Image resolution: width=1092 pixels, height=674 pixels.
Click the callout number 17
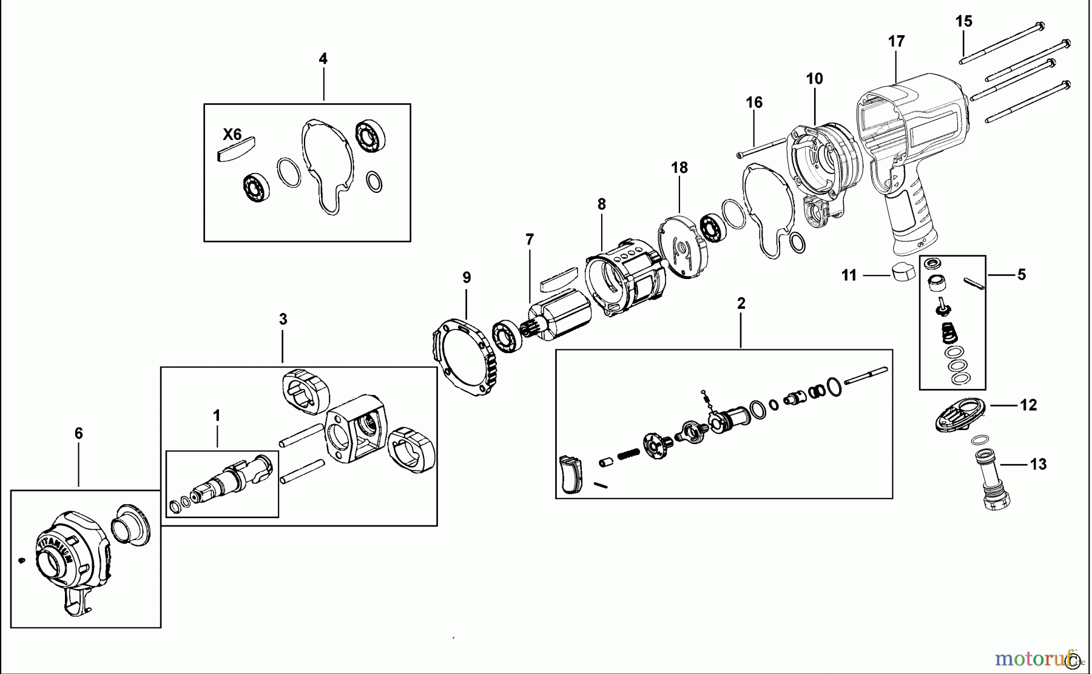coord(896,41)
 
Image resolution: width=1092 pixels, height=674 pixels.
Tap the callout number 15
coord(963,21)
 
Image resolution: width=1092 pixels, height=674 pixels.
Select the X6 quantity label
coord(232,134)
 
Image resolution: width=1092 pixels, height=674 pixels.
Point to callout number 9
coord(466,278)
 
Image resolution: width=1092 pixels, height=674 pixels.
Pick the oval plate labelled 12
coord(960,415)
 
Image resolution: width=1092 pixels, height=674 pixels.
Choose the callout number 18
coord(679,168)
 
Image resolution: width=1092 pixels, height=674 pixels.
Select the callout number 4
coord(323,59)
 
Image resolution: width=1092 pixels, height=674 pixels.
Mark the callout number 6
coord(78,434)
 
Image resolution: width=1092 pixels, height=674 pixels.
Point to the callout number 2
coord(740,303)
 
